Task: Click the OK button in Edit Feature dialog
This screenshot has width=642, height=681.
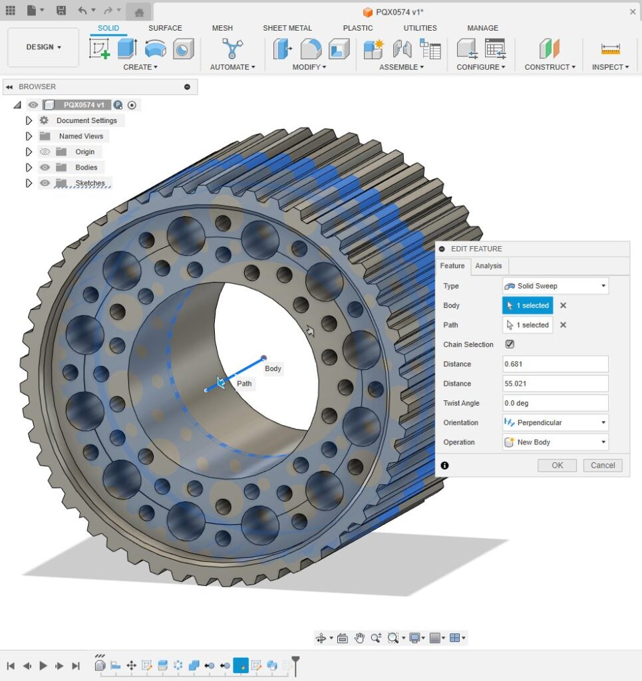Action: click(557, 466)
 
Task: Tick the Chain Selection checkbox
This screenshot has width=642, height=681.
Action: click(510, 344)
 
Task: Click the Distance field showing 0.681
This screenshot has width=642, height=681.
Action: click(555, 364)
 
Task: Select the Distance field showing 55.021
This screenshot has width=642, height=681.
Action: click(555, 384)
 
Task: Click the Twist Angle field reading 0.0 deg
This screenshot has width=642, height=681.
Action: click(555, 403)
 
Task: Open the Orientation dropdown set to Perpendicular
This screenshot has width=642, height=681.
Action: click(555, 422)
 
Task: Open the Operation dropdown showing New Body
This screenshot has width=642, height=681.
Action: click(555, 442)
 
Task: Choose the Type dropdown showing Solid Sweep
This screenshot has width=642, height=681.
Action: click(555, 286)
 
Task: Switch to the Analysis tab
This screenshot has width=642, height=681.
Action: click(488, 266)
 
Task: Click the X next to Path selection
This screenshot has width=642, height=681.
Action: click(563, 325)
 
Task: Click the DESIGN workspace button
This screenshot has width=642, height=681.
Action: click(43, 47)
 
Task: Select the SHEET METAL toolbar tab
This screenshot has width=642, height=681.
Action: click(287, 28)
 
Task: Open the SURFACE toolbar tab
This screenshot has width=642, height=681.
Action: click(165, 28)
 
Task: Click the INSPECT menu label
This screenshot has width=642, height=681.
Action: click(610, 67)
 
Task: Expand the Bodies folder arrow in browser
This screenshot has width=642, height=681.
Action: click(29, 168)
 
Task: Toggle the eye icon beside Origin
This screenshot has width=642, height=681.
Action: click(45, 152)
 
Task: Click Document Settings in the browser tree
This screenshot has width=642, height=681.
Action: click(86, 120)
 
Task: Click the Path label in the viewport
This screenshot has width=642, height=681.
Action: click(244, 384)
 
